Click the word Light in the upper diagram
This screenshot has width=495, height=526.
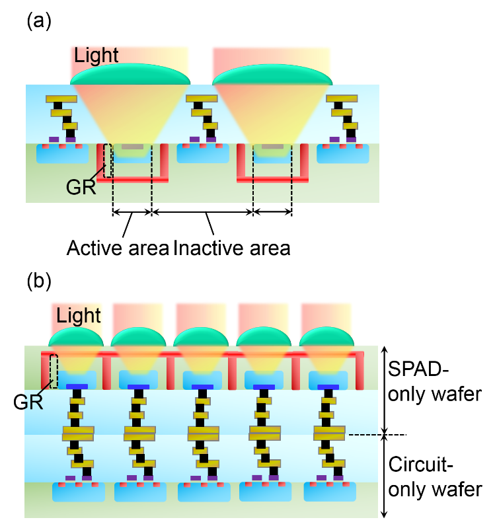click(96, 56)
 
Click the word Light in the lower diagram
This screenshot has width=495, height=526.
click(79, 316)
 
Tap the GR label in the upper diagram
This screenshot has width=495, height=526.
click(81, 188)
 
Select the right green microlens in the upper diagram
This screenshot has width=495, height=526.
click(272, 75)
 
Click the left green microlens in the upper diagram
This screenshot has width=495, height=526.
click(130, 74)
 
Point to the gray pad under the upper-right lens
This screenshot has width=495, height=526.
click(272, 146)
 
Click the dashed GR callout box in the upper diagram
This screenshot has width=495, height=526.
click(108, 160)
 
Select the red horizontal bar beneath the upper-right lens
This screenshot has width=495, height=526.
click(272, 179)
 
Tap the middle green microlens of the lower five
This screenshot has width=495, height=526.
click(202, 338)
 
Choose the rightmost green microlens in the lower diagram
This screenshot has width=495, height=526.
click(327, 338)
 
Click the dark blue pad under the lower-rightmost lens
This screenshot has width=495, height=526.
click(328, 387)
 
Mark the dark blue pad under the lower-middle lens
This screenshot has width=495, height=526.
click(202, 387)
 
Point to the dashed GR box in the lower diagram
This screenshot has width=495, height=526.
click(54, 371)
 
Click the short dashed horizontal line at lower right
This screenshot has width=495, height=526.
click(363, 435)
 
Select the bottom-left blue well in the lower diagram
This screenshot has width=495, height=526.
click(79, 492)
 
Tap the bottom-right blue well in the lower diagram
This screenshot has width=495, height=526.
click(329, 492)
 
